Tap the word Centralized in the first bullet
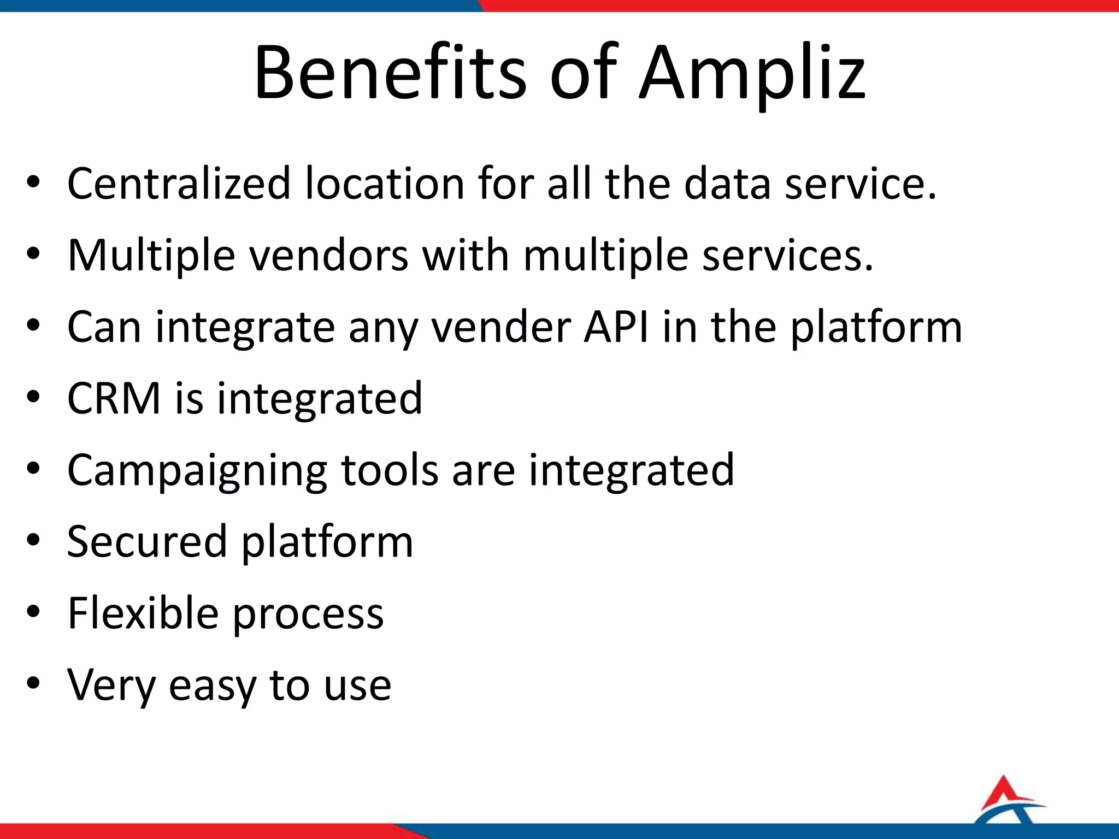(x=179, y=184)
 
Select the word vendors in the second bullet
(x=329, y=255)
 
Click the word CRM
(x=114, y=398)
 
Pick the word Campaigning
(x=197, y=471)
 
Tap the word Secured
(x=146, y=541)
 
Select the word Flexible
(x=143, y=613)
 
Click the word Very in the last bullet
(x=111, y=686)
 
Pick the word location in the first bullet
(x=385, y=184)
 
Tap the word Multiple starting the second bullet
(x=151, y=255)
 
